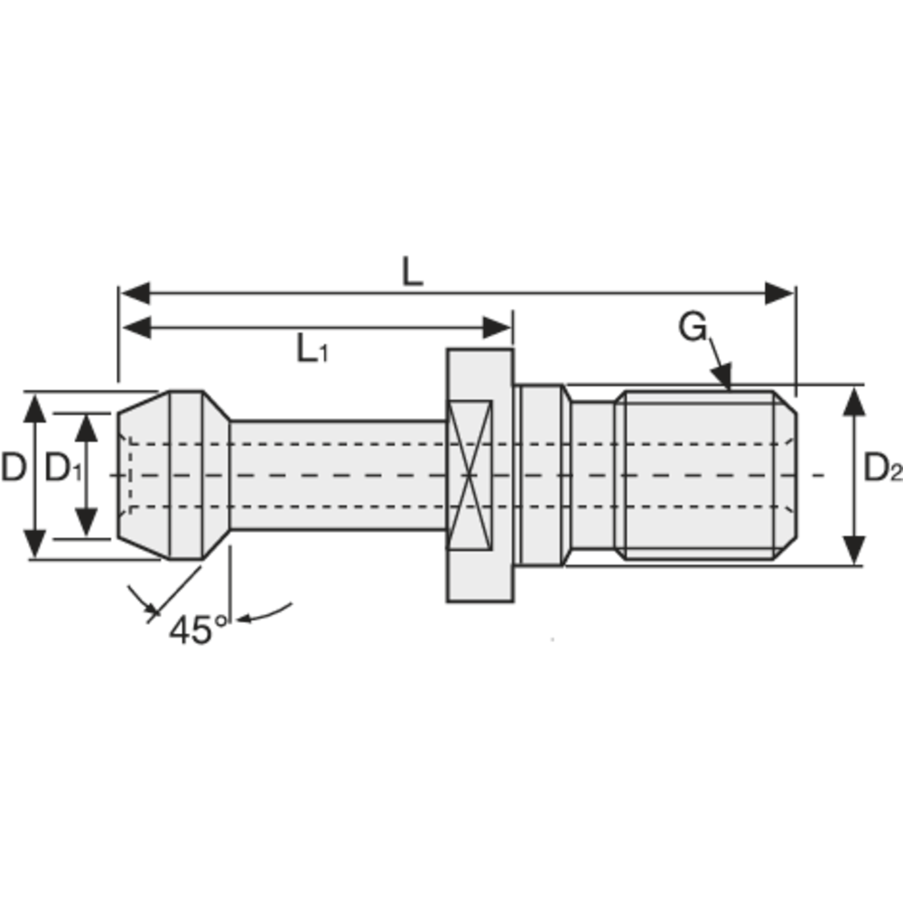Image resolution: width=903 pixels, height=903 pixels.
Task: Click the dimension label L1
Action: coord(312,348)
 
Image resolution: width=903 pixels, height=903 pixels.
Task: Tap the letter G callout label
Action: coord(693,329)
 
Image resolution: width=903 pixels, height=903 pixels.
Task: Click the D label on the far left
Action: coord(13,469)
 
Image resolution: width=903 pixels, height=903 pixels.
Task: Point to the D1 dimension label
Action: coord(62,469)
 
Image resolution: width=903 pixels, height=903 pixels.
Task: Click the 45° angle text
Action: coord(198,629)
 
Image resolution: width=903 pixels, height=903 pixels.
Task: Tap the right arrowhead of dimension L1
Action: coord(498,328)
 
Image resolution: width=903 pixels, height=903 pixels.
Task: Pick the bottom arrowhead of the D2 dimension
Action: coord(853,550)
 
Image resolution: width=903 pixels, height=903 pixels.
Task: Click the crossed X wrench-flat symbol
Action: coord(470,473)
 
